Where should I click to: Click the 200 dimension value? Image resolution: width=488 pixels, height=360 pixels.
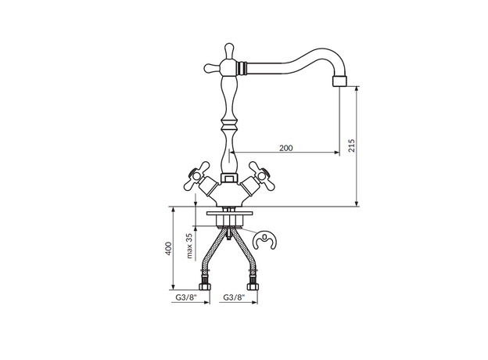(285, 148)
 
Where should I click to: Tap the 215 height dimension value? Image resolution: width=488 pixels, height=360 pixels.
(351, 146)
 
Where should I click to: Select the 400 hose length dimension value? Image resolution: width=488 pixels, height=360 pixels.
(168, 248)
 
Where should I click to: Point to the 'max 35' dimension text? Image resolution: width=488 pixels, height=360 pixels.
(190, 246)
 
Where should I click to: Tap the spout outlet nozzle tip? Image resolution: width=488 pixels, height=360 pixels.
(339, 81)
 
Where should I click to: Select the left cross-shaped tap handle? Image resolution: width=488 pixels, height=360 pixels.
(198, 176)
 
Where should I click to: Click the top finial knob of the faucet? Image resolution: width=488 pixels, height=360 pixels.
(229, 50)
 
